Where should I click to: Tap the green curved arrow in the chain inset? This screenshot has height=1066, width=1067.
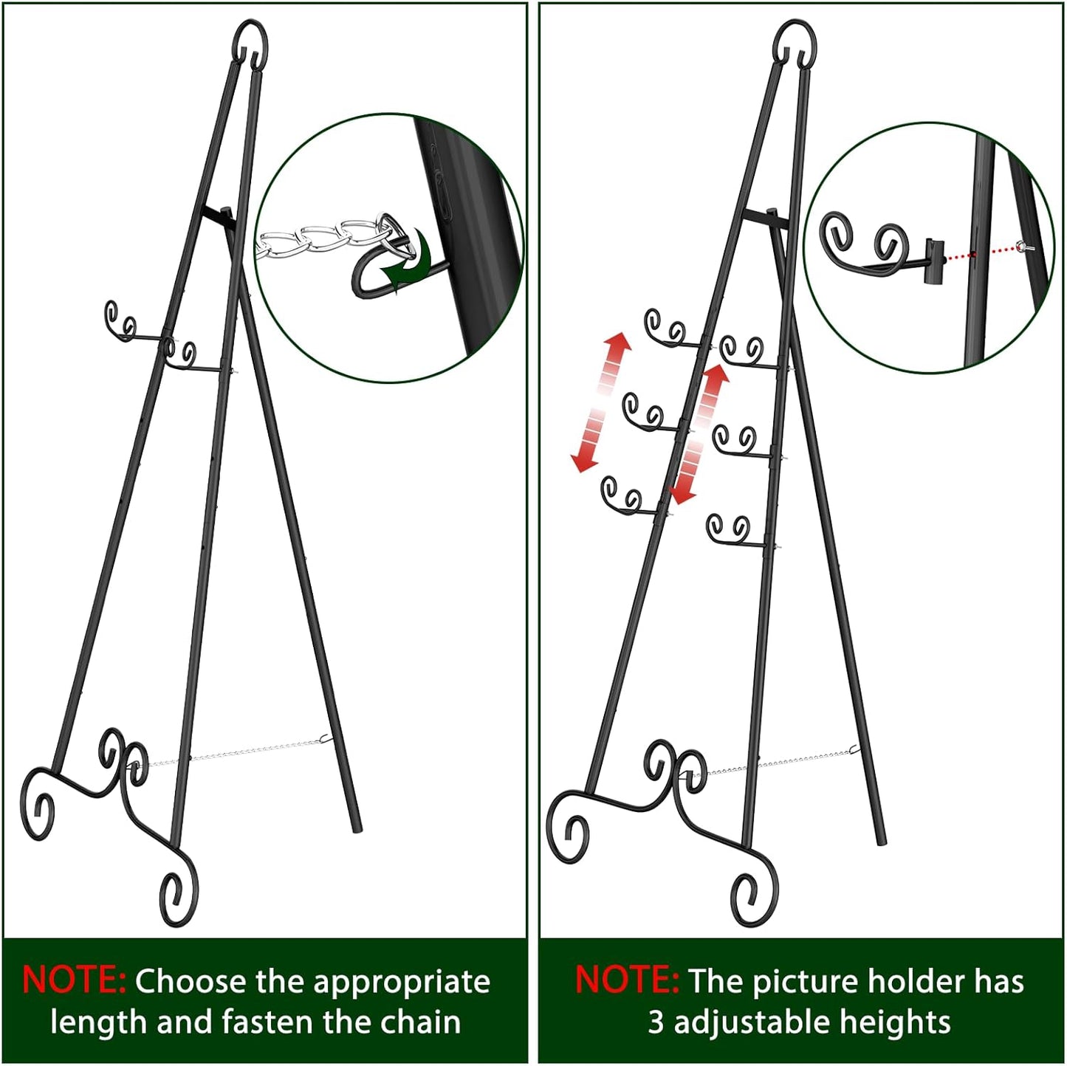pyautogui.click(x=408, y=262)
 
